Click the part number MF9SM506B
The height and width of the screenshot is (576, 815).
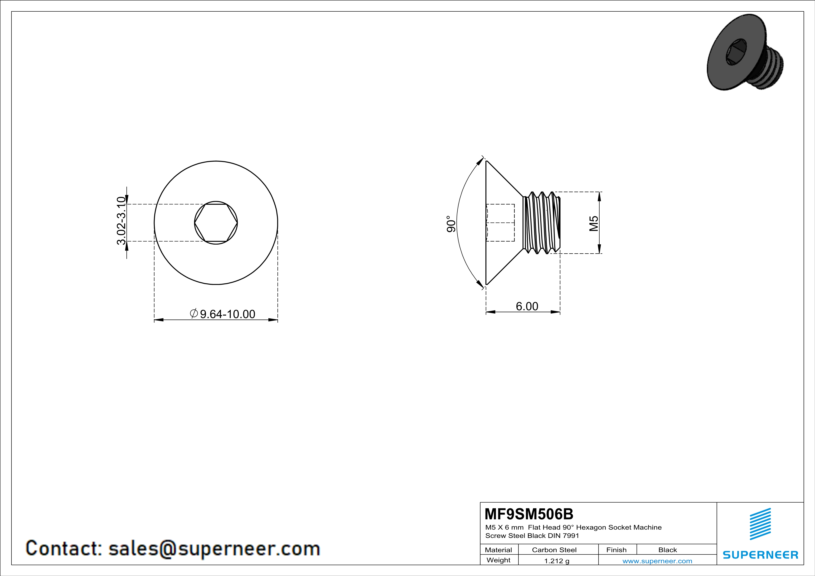tap(528, 514)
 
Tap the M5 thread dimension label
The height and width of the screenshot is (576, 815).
tap(594, 223)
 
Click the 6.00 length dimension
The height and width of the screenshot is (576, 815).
tap(527, 306)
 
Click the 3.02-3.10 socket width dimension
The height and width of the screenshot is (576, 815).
tap(121, 221)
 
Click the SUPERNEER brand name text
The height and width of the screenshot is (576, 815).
tap(760, 555)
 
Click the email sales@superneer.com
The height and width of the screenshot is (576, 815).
tap(214, 548)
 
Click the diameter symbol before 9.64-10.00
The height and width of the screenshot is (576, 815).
tap(194, 314)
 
